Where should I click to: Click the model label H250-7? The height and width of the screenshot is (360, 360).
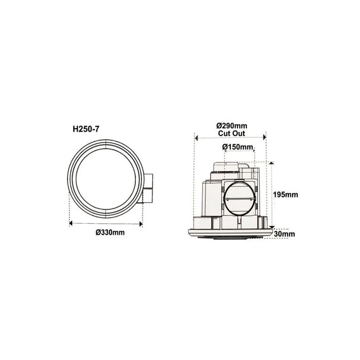[x=86, y=129]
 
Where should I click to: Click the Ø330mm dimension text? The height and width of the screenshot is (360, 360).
[x=110, y=232]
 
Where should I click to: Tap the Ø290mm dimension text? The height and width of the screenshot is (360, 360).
[x=232, y=126]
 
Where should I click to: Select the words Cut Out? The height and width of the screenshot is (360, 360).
[x=231, y=133]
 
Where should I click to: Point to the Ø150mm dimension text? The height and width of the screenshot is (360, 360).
[x=238, y=147]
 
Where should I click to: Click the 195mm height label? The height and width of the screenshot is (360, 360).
[x=285, y=195]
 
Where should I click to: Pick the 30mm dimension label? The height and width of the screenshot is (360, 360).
[x=284, y=234]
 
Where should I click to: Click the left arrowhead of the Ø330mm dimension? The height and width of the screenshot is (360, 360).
[x=71, y=223]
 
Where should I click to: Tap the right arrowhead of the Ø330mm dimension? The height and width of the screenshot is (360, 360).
[x=141, y=224]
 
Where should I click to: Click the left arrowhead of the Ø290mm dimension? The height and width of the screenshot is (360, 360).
[x=196, y=137]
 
